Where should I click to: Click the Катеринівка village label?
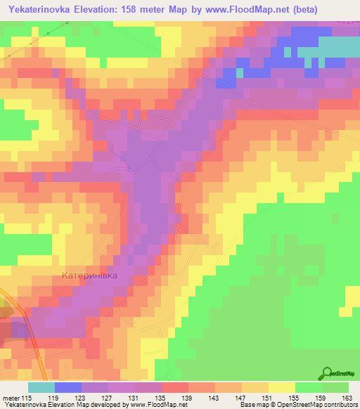(96, 275)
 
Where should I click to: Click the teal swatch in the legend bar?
(41, 387)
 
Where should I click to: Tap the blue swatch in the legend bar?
(67, 387)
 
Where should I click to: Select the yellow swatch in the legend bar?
(281, 387)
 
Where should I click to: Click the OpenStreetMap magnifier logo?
(328, 373)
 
